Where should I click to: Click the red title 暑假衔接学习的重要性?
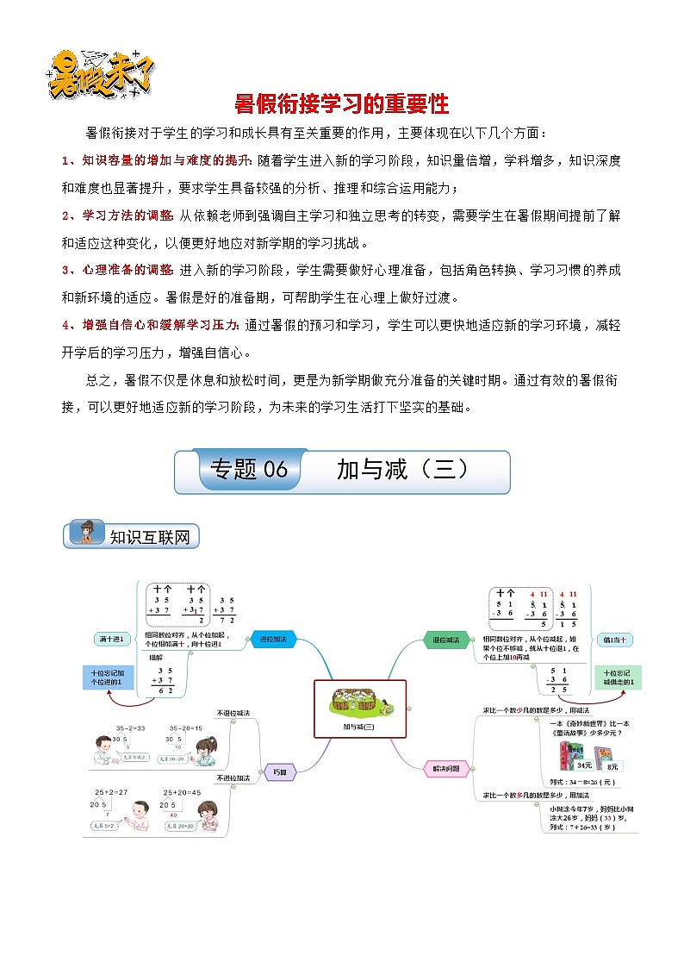pyautogui.click(x=342, y=104)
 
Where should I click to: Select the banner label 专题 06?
pyautogui.click(x=248, y=469)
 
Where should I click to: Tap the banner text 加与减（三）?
pyautogui.click(x=402, y=469)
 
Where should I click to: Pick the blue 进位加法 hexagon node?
pyautogui.click(x=273, y=640)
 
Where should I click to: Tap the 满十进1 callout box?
pyautogui.click(x=112, y=640)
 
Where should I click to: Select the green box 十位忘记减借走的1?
pyautogui.click(x=619, y=678)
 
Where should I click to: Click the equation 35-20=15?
pyautogui.click(x=186, y=728)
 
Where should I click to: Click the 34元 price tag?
pyautogui.click(x=584, y=765)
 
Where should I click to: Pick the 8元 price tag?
pyautogui.click(x=612, y=765)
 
